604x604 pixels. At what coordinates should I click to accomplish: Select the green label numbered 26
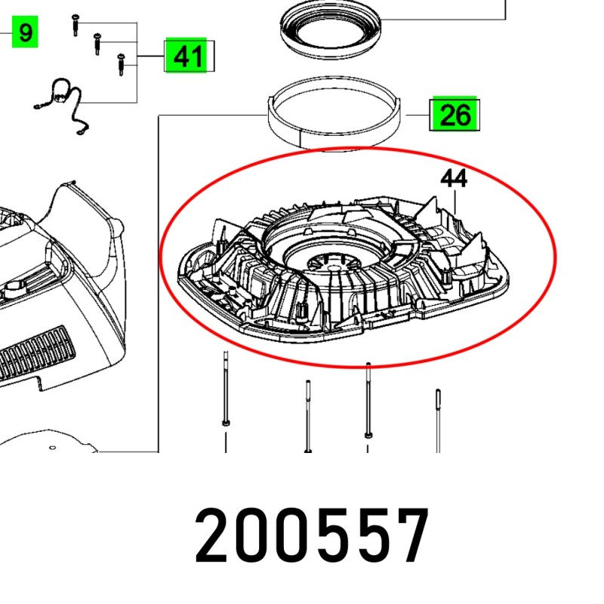[x=455, y=116]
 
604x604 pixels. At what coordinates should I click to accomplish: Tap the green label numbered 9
[x=25, y=33]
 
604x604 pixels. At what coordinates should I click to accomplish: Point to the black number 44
[x=454, y=179]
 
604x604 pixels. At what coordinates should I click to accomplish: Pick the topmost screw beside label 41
[x=75, y=25]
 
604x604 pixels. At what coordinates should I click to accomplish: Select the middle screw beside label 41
[x=97, y=44]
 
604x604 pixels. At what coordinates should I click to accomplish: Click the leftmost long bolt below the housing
[x=226, y=393]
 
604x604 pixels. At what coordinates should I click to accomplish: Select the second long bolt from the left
[x=308, y=415]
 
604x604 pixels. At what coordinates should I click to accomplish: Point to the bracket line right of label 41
[x=214, y=57]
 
